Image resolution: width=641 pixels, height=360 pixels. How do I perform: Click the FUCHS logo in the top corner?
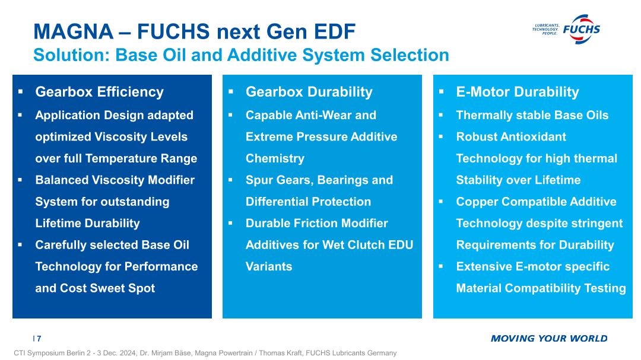click(566, 30)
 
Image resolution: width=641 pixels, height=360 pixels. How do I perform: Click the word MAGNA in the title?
click(73, 31)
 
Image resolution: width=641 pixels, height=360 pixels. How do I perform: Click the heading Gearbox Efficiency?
click(99, 92)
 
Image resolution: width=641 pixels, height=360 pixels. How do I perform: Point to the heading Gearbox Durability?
click(309, 92)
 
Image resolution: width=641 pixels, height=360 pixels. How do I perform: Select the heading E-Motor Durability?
click(518, 92)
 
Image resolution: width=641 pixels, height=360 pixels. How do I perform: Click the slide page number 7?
click(39, 339)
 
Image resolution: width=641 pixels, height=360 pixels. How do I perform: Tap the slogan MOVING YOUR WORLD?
click(549, 338)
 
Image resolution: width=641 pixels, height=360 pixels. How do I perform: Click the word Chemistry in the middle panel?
click(275, 158)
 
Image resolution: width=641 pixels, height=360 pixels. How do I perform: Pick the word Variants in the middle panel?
click(269, 266)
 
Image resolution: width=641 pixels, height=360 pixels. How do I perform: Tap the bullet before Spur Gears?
click(230, 180)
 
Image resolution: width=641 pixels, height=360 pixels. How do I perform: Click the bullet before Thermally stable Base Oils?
click(441, 115)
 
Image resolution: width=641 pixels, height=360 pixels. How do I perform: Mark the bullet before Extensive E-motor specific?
click(441, 266)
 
